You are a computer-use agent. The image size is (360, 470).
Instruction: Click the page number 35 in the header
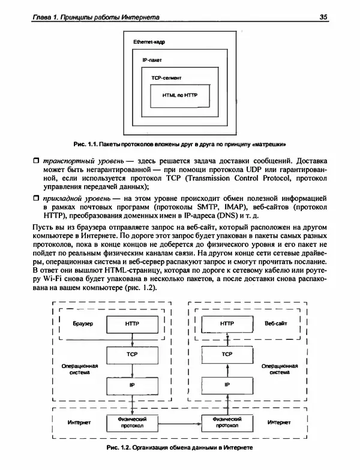click(x=322, y=17)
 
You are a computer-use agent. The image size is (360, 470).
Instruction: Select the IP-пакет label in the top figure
click(x=152, y=61)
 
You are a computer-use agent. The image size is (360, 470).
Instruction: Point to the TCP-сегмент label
click(x=167, y=79)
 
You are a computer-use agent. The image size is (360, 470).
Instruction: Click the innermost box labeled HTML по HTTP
click(x=180, y=95)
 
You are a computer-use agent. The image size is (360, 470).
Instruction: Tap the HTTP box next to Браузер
click(x=132, y=323)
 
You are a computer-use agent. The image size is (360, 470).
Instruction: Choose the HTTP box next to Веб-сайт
click(x=227, y=323)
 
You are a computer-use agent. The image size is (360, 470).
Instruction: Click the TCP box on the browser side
click(x=132, y=354)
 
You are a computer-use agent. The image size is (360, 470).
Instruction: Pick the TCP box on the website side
click(x=227, y=354)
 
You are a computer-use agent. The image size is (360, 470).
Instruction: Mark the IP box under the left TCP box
click(x=132, y=384)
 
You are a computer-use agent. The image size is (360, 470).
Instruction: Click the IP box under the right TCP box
click(x=227, y=384)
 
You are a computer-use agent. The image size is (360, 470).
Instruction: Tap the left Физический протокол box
click(x=132, y=422)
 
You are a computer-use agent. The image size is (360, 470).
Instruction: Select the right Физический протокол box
click(x=227, y=422)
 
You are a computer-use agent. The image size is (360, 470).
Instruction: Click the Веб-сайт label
click(x=276, y=323)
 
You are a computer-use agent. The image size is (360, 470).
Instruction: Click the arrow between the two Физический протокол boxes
click(x=179, y=422)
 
